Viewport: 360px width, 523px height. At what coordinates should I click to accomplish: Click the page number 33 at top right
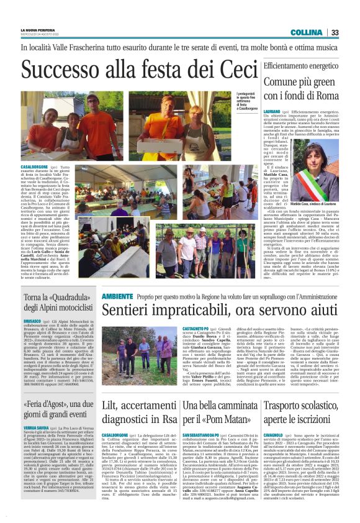(x=351, y=32)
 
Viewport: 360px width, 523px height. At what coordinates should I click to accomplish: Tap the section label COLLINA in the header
(x=323, y=32)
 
